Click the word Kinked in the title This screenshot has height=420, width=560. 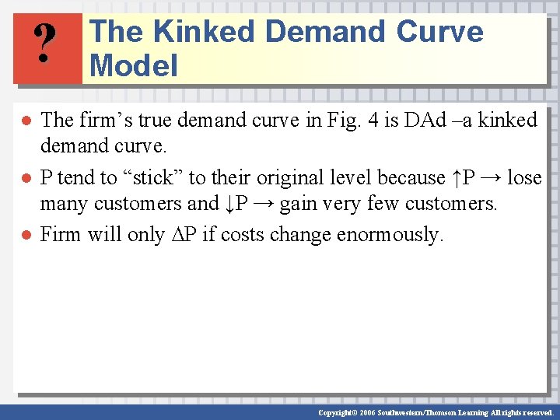click(x=204, y=32)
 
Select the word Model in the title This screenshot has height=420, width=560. click(x=134, y=65)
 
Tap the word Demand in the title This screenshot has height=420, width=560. click(x=325, y=32)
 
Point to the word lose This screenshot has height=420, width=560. click(x=523, y=178)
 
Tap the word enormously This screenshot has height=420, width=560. click(x=390, y=234)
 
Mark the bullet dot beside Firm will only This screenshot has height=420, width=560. click(x=26, y=235)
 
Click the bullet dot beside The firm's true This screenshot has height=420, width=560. click(x=26, y=121)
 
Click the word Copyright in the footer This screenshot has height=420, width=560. click(x=339, y=412)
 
